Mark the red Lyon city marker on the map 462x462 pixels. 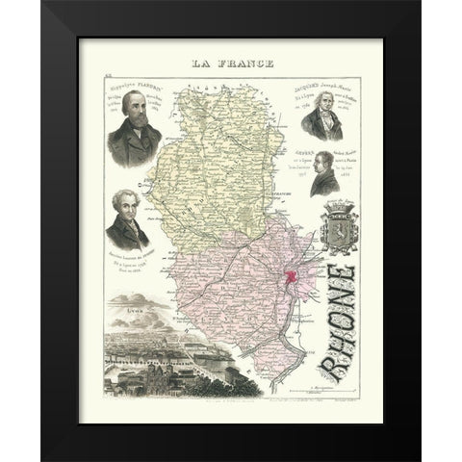290,279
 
